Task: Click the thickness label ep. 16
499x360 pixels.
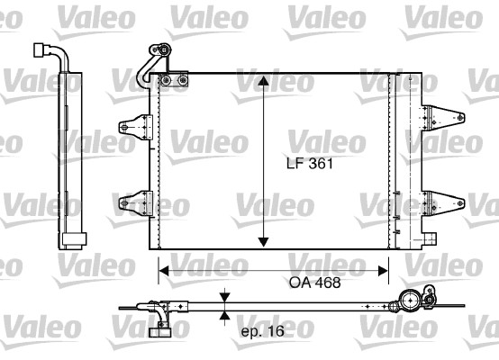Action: pos(262,331)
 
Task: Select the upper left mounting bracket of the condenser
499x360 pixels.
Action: pos(134,126)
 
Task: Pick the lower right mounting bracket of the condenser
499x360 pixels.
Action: pos(443,202)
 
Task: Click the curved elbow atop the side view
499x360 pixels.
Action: pos(54,52)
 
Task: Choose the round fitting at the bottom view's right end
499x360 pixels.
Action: pos(417,301)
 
